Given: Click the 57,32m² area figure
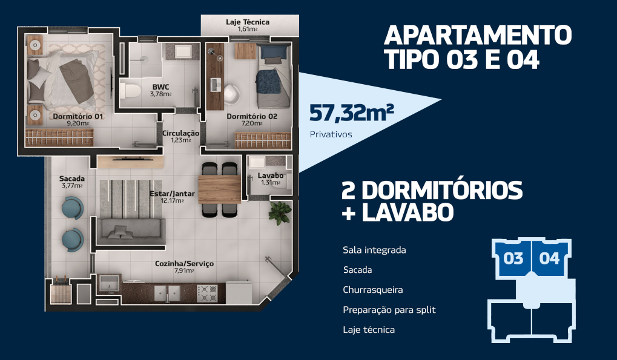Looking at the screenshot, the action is tap(351, 113).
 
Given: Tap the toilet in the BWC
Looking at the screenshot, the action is tap(130, 90).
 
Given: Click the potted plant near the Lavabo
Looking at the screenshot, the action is tap(280, 213).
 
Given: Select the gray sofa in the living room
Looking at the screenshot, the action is tap(131, 232).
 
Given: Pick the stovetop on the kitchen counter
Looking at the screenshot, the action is tap(207, 293).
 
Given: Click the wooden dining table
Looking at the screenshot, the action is tap(219, 189).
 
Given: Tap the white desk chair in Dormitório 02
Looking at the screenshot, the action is tap(231, 94).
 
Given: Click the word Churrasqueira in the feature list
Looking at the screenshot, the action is tap(372, 290).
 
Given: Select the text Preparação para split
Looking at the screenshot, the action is tap(389, 310).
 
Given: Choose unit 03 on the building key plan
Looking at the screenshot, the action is tap(513, 258).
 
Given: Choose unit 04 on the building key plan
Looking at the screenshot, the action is tap(550, 258).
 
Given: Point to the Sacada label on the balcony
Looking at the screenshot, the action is tap(71, 179).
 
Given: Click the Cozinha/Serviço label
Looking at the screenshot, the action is tap(184, 264).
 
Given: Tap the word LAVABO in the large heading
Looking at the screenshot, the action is tap(407, 212).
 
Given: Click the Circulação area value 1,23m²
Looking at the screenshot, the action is tap(180, 140).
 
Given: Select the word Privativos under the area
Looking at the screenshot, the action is tap(331, 134).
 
